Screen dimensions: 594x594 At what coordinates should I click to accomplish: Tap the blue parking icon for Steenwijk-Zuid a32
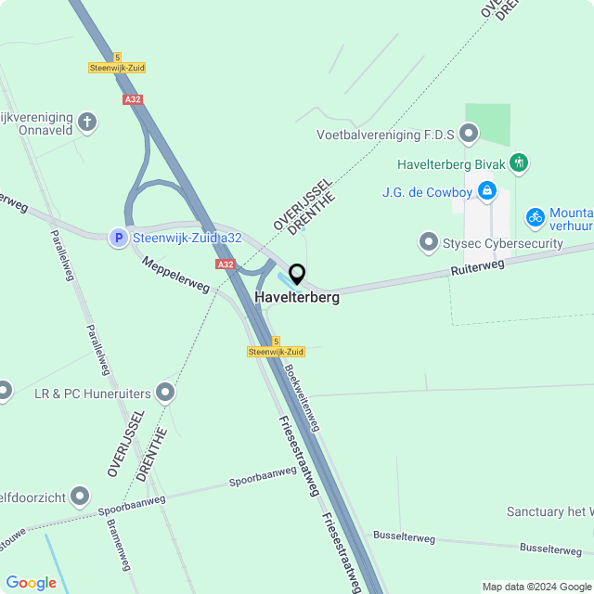click(118, 239)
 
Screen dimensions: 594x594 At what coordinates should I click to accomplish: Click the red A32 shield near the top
click(132, 98)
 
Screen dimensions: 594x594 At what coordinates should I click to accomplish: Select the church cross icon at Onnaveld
click(87, 122)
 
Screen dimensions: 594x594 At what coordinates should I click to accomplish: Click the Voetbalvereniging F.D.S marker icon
click(470, 136)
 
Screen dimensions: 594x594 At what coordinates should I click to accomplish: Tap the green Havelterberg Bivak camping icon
click(519, 164)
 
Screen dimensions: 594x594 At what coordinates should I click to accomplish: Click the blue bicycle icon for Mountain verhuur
click(535, 217)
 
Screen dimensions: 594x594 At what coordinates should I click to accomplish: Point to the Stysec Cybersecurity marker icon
click(429, 243)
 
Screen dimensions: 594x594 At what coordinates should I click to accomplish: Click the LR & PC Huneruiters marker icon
click(166, 394)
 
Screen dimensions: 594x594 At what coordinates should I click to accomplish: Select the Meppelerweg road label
click(175, 275)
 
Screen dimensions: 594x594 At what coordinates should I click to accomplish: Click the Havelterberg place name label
click(297, 298)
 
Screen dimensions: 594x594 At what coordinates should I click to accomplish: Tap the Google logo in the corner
click(31, 582)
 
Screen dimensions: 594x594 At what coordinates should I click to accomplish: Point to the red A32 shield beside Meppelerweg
click(225, 265)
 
